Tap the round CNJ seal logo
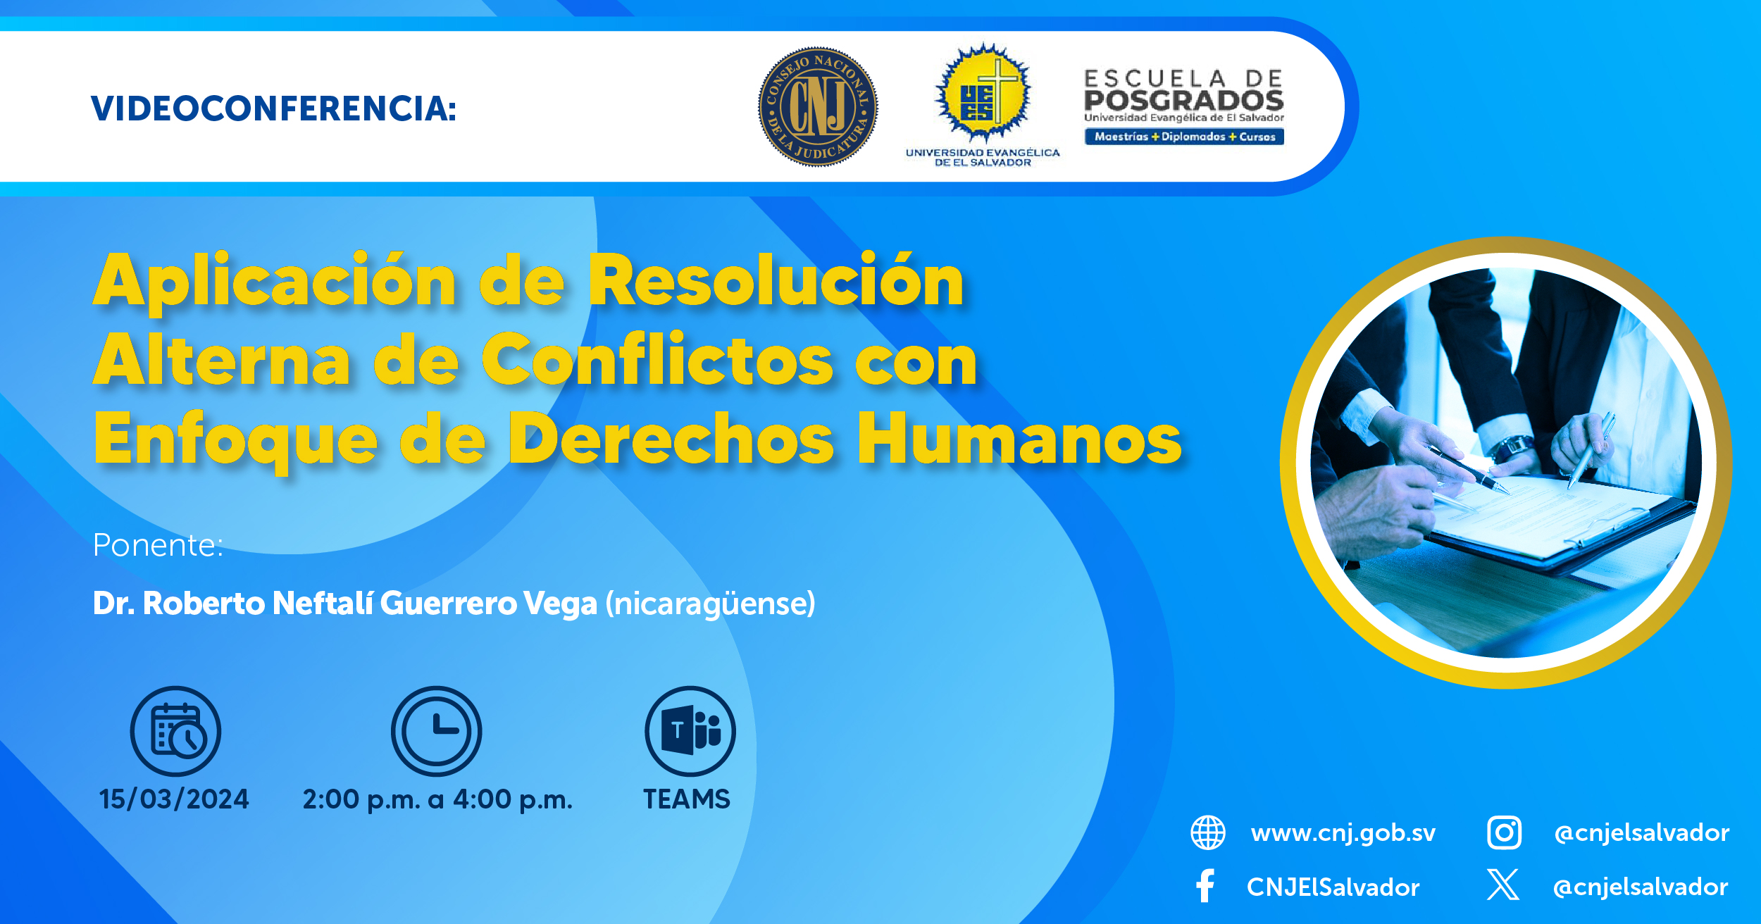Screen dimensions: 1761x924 tap(818, 107)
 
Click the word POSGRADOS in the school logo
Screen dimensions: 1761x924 tap(1183, 100)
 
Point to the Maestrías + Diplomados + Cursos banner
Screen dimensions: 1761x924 tap(1184, 137)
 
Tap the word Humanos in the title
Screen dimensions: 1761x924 tap(1019, 439)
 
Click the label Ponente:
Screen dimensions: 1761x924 tap(158, 545)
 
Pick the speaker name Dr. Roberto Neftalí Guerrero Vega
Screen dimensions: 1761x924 tap(345, 604)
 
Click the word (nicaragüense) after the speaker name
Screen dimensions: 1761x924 tap(710, 604)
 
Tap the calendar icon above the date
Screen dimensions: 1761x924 tap(175, 731)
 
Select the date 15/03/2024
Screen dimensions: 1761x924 tap(174, 799)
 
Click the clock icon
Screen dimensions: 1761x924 tap(437, 731)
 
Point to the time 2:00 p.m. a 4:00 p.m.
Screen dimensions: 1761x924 tap(437, 800)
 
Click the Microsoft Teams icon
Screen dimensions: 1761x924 tap(690, 731)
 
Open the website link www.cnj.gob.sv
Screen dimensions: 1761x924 tap(1343, 833)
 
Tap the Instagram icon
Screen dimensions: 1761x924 tap(1504, 832)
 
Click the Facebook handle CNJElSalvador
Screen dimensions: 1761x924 tap(1333, 887)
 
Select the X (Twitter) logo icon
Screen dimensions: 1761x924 tap(1503, 885)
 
